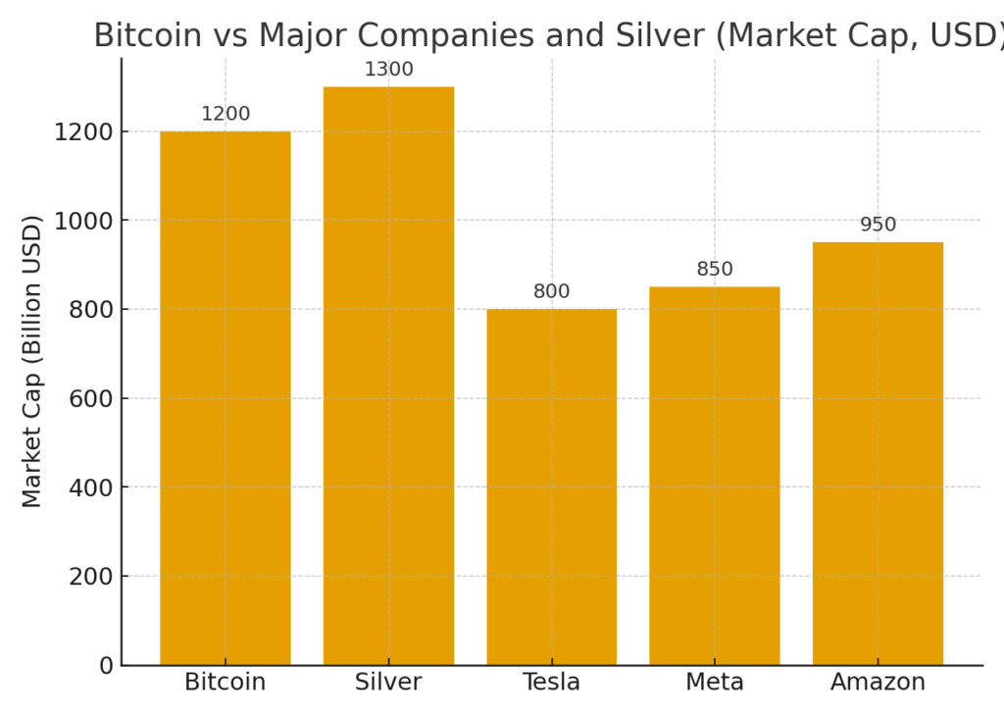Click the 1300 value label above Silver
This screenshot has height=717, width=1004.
coord(388,70)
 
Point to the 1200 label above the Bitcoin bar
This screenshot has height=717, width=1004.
coord(226,115)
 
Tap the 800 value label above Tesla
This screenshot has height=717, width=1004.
coord(551,292)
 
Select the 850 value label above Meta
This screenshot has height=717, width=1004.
coord(714,270)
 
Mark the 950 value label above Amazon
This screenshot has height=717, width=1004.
coord(878,225)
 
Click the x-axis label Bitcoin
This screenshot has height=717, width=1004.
coord(226,683)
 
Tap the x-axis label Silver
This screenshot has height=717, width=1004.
coord(388,683)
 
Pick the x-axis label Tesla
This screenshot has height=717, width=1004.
coord(551,683)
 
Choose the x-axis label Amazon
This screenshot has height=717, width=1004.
coord(878,683)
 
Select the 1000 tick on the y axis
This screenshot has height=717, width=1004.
coord(83,221)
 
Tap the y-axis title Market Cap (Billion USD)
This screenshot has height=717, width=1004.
coord(32,361)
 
